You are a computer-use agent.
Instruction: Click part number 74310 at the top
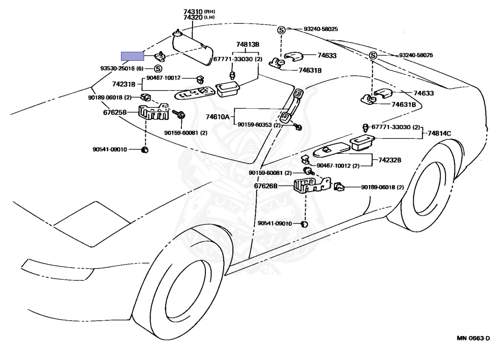(x=193, y=12)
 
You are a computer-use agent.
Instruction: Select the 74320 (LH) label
(x=199, y=18)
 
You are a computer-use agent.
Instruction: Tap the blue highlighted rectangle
(x=132, y=56)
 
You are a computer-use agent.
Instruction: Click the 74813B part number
(x=248, y=45)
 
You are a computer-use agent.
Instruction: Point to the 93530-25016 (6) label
(x=122, y=69)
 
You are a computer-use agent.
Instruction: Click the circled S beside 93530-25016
(x=158, y=69)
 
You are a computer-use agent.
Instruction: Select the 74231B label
(x=124, y=84)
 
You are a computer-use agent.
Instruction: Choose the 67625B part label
(x=115, y=112)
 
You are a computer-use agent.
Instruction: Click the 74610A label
(x=217, y=117)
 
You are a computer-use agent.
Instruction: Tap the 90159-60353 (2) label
(x=259, y=125)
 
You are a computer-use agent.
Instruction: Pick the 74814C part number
(x=439, y=133)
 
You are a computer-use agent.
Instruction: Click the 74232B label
(x=390, y=160)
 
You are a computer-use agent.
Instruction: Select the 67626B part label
(x=266, y=186)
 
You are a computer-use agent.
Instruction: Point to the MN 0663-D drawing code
(x=473, y=338)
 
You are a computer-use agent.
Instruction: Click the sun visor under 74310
(x=192, y=48)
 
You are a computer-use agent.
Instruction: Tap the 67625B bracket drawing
(x=153, y=112)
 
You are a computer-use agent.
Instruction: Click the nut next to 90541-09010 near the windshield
(x=145, y=150)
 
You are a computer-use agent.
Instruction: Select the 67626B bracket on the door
(x=312, y=185)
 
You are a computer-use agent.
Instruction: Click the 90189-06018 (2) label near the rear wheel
(x=382, y=187)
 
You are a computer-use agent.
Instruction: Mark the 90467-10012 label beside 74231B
(x=163, y=78)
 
